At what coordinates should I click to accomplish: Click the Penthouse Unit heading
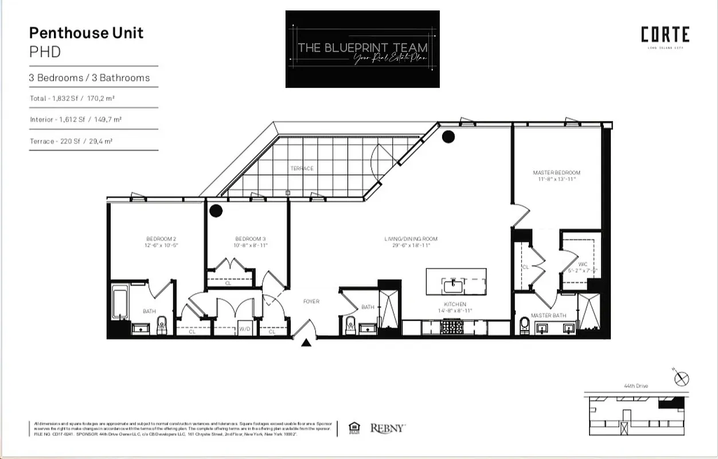(x=86, y=33)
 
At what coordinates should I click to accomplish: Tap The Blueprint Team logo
(x=362, y=49)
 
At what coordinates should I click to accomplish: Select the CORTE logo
(x=665, y=36)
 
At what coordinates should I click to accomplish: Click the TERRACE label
(x=302, y=168)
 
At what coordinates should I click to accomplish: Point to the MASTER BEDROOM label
(x=556, y=173)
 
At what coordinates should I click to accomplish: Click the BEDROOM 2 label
(x=161, y=239)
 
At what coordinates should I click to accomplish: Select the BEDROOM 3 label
(x=250, y=239)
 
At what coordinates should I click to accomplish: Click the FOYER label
(x=311, y=301)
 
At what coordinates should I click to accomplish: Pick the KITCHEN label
(x=455, y=304)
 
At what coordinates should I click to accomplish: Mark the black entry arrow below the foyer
(x=306, y=343)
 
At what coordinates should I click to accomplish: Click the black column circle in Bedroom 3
(x=216, y=211)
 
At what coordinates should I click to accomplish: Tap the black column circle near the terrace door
(x=448, y=137)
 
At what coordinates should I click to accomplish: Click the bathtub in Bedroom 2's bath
(x=119, y=303)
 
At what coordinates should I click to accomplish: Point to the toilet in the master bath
(x=525, y=326)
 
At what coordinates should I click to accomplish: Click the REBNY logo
(x=388, y=428)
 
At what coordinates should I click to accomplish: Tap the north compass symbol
(x=682, y=379)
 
